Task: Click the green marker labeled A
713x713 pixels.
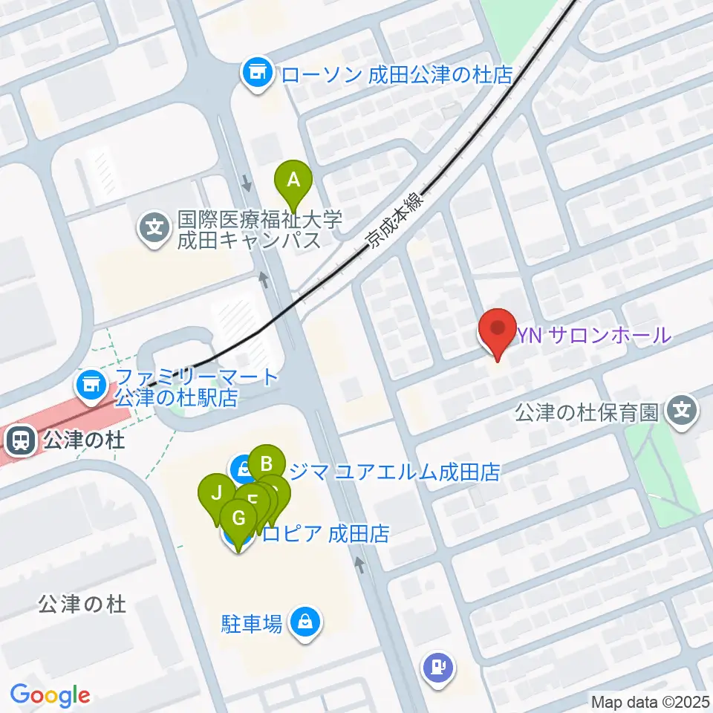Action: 293,179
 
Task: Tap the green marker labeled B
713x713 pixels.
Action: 266,464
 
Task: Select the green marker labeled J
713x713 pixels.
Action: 216,492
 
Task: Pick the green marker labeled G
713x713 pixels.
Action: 239,518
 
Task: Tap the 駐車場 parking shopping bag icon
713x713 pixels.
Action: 305,619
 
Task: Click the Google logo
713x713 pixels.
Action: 51,696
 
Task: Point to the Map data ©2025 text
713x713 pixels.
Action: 649,701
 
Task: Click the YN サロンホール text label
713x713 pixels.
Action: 594,336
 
